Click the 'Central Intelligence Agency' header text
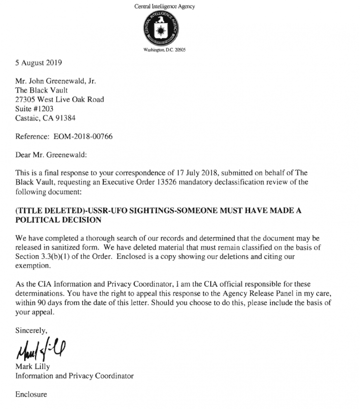pyautogui.click(x=164, y=6)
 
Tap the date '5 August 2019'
pyautogui.click(x=39, y=63)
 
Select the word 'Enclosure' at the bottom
pyautogui.click(x=31, y=394)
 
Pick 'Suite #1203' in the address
pyautogui.click(x=34, y=108)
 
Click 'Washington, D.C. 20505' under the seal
pyautogui.click(x=164, y=50)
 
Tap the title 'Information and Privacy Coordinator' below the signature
pyautogui.click(x=74, y=375)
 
